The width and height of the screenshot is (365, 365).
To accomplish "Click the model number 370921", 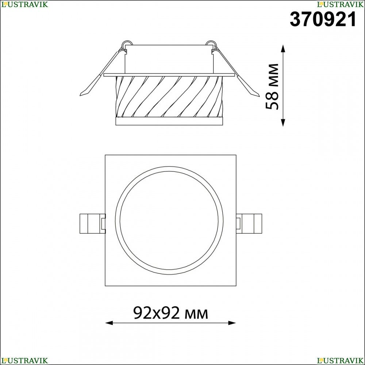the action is coord(323,19).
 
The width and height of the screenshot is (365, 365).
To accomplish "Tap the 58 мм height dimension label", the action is coord(272,86).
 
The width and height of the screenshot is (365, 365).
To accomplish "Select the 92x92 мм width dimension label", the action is coord(170,313).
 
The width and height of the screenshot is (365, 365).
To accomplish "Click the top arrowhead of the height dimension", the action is coord(283,49).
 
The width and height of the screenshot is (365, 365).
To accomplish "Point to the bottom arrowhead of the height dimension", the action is coord(283,123).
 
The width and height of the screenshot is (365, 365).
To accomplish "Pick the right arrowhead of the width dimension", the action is coord(232,323).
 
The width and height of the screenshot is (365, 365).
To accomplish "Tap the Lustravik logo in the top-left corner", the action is coord(24,4).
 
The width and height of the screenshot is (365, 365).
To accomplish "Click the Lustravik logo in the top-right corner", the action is coord(340,4).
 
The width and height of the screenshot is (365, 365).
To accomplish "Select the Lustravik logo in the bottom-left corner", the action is coord(24,361).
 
